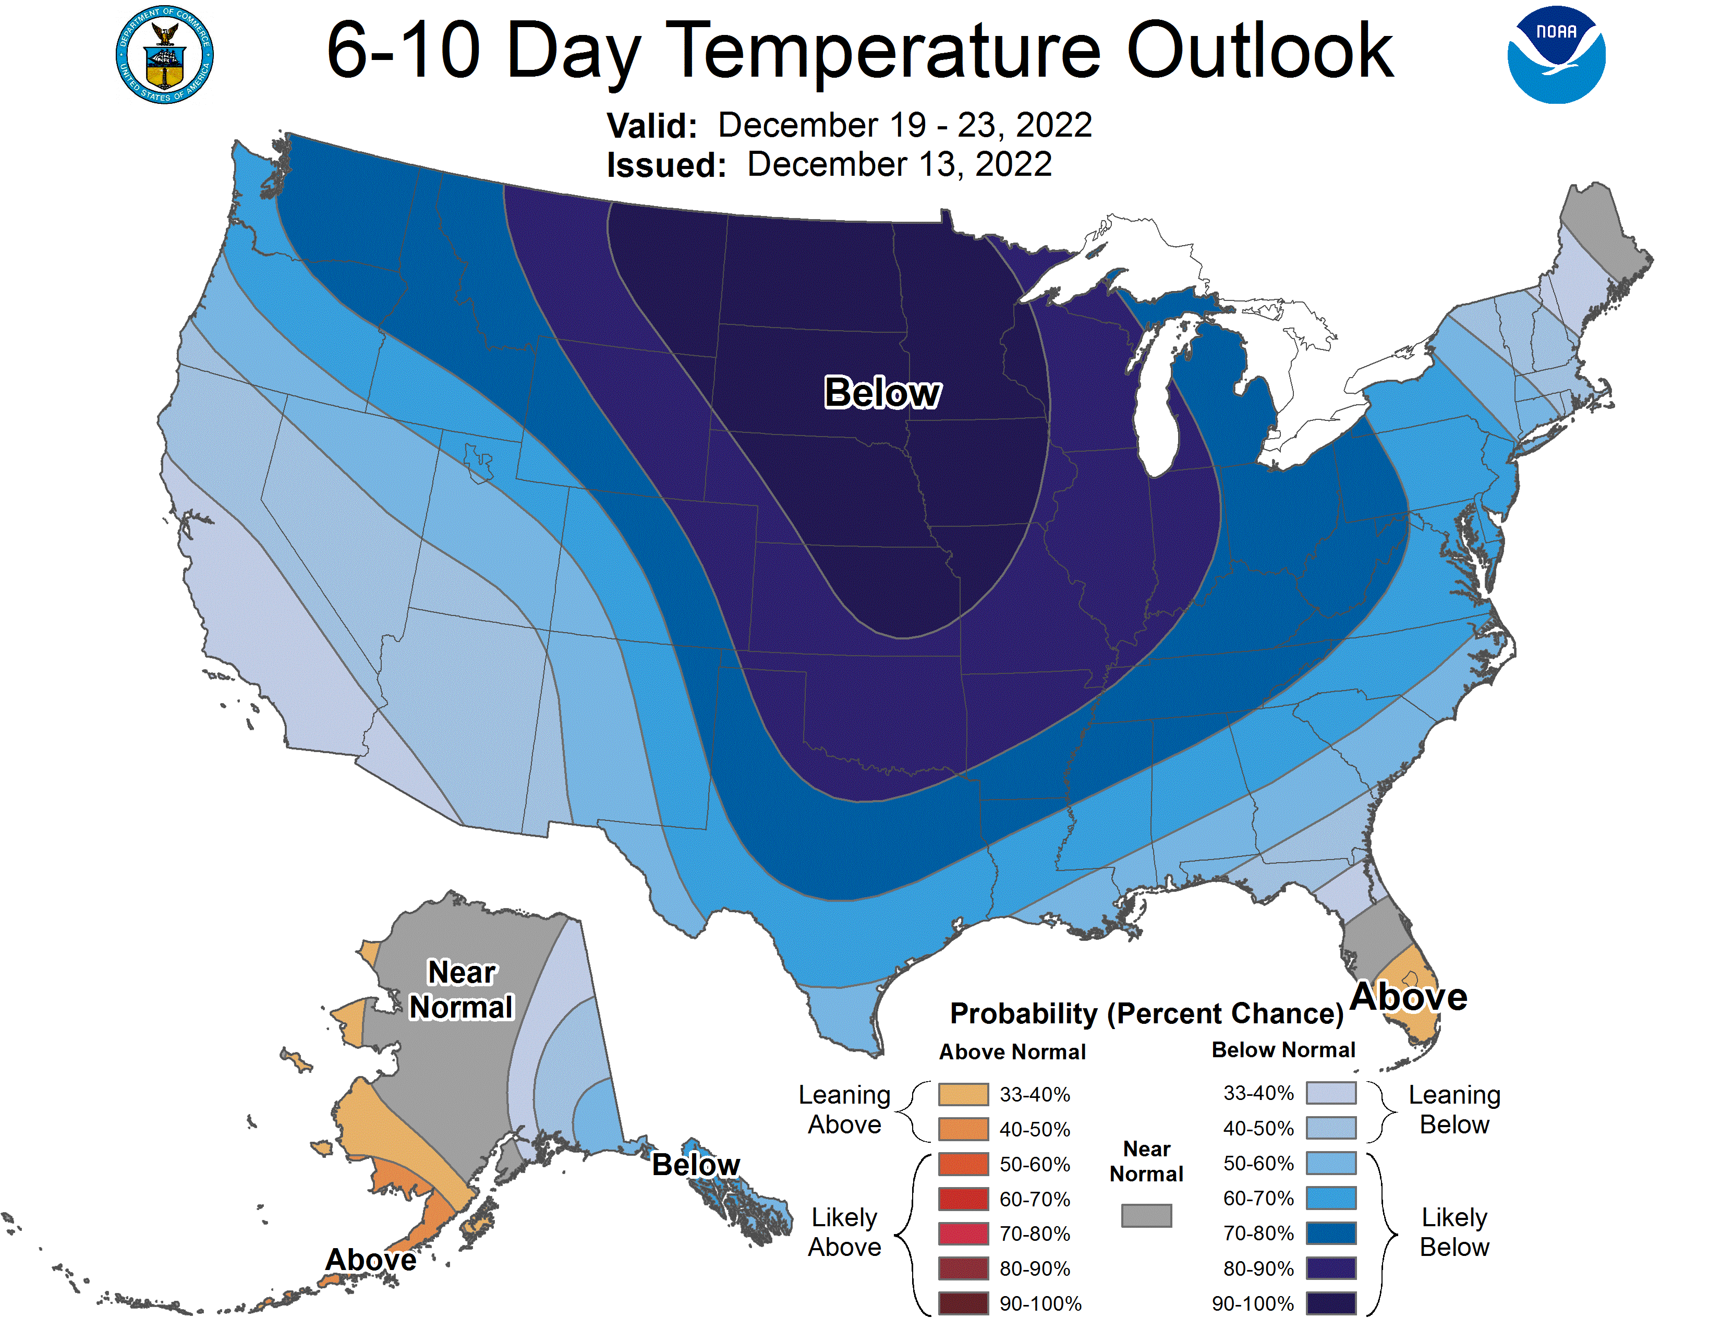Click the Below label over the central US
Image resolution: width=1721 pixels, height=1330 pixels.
pos(882,392)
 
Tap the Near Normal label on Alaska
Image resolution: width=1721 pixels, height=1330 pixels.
pos(461,989)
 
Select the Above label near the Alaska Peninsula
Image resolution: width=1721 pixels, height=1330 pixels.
pos(370,1259)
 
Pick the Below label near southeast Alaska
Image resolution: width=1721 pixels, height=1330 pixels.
pos(696,1165)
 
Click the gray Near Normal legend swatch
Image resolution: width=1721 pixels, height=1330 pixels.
pos(1146,1215)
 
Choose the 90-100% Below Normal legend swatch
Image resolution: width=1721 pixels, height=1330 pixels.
pos(1330,1303)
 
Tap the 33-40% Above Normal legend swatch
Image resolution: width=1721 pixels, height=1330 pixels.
pos(963,1094)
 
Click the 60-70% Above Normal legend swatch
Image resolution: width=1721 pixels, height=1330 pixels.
pos(963,1199)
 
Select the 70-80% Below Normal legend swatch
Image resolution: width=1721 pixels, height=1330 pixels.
pos(1330,1233)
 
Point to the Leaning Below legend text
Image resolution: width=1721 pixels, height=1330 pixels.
pos(1454,1109)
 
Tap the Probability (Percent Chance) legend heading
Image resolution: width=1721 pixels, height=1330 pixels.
pos(1146,1013)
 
